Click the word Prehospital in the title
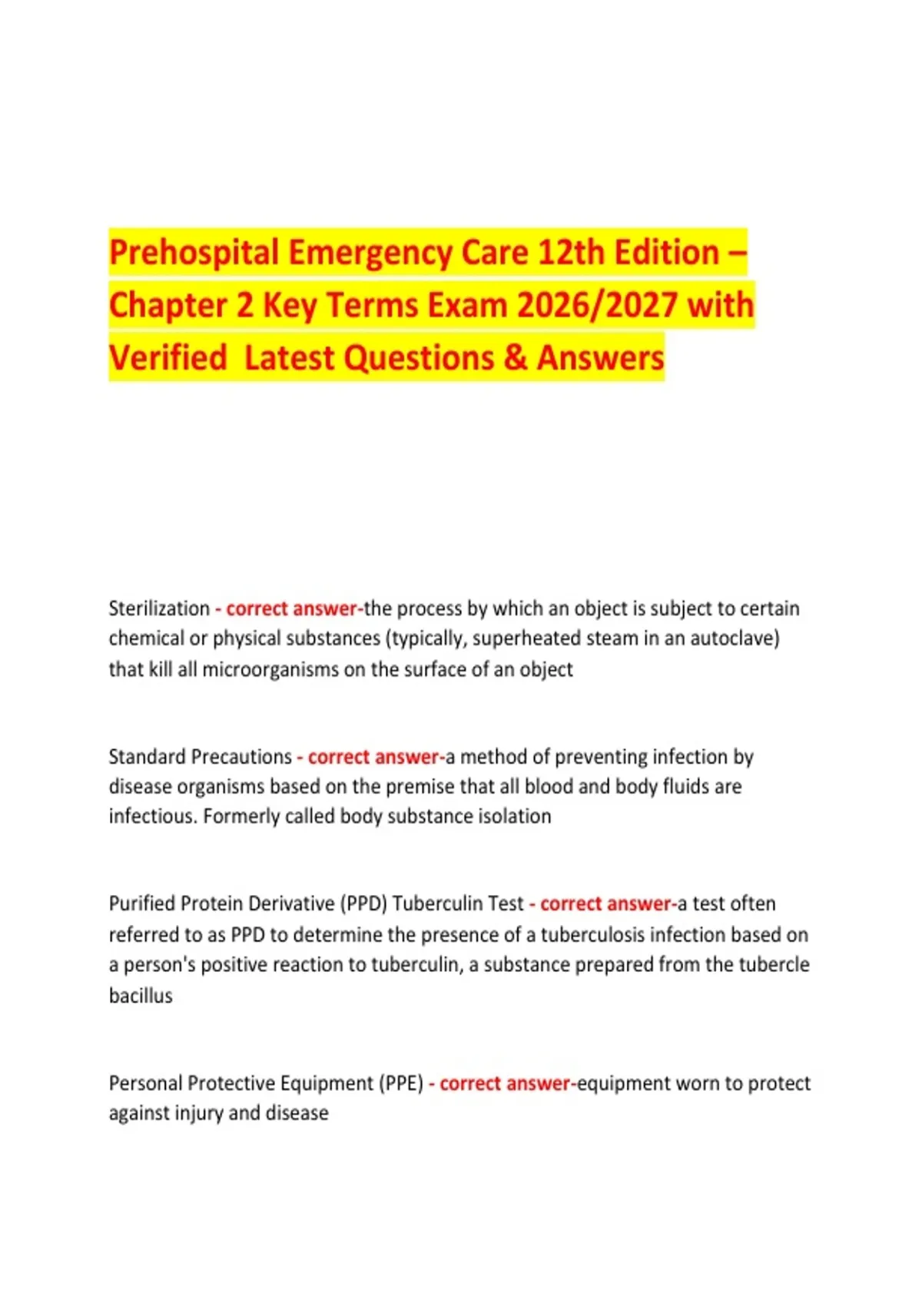coord(194,253)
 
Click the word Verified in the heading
coord(167,358)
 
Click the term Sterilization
coord(159,608)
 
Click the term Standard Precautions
coord(200,757)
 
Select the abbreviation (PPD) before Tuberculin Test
coord(364,903)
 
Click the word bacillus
coord(141,996)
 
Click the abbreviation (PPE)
coord(400,1083)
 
